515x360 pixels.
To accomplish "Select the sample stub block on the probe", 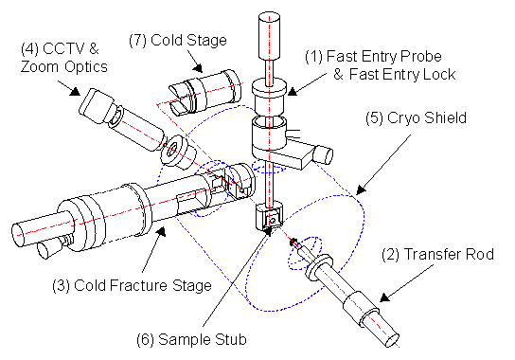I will click(270, 221).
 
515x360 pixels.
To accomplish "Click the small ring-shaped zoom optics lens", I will click(173, 151).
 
